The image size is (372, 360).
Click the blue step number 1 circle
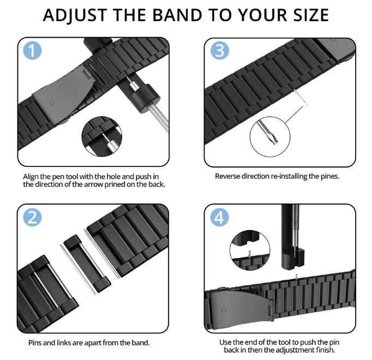point(32,50)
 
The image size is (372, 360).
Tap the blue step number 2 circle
point(32,217)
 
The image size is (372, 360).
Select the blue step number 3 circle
point(220,50)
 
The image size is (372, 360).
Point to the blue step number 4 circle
point(220,217)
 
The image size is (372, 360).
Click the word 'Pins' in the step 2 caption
point(35,343)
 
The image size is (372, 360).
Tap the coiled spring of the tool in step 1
point(158,118)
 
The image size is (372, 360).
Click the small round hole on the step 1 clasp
point(52,103)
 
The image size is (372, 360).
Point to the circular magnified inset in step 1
point(102,136)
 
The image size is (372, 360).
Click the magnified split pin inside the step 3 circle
point(268,132)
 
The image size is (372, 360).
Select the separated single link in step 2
point(87,263)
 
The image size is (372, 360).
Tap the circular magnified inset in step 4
point(250,250)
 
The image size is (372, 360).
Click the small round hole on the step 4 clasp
point(224,310)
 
